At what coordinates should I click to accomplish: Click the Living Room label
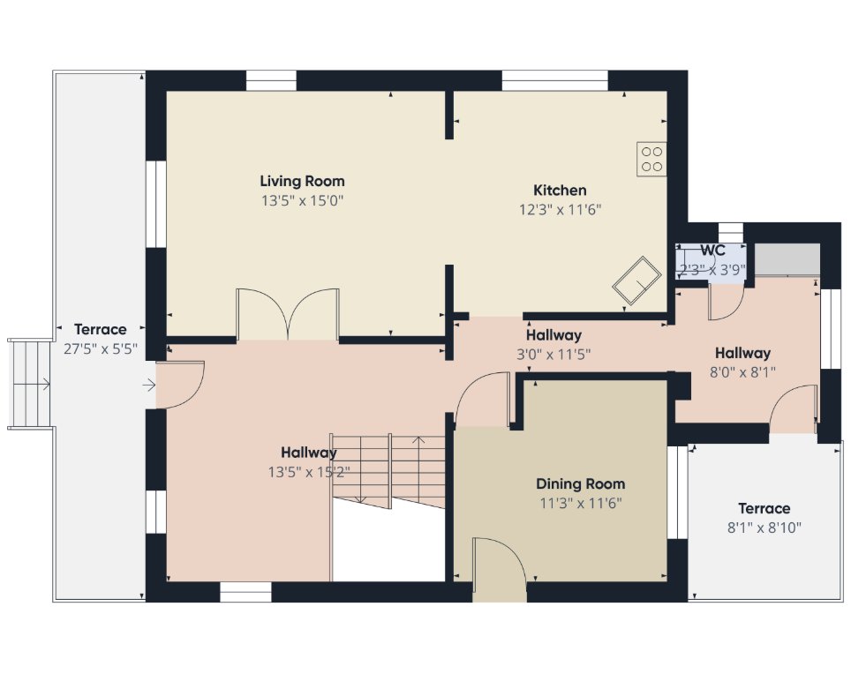click(x=302, y=181)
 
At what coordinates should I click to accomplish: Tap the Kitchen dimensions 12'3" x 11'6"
click(x=560, y=209)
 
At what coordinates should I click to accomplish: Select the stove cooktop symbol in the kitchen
click(x=651, y=159)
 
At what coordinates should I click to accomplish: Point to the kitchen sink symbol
click(x=636, y=281)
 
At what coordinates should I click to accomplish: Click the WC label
click(x=712, y=251)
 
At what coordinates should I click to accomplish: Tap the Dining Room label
click(x=580, y=483)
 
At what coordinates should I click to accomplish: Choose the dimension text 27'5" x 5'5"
click(x=101, y=348)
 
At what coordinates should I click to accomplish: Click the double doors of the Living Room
click(x=288, y=314)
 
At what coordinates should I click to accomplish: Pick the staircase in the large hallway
click(x=388, y=471)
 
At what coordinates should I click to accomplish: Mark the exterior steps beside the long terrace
click(x=30, y=385)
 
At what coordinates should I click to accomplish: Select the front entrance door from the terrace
click(x=180, y=385)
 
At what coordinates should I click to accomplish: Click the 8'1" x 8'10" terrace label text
click(x=764, y=528)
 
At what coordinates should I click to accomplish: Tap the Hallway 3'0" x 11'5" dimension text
click(x=554, y=355)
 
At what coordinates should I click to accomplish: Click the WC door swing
click(x=727, y=302)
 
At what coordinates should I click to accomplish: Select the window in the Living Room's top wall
click(x=271, y=81)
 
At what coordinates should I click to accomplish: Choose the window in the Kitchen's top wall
click(x=554, y=81)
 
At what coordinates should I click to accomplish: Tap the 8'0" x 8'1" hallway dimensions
click(x=742, y=372)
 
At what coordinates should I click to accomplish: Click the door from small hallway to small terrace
click(x=794, y=409)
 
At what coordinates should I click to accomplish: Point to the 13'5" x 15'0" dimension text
click(x=302, y=201)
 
